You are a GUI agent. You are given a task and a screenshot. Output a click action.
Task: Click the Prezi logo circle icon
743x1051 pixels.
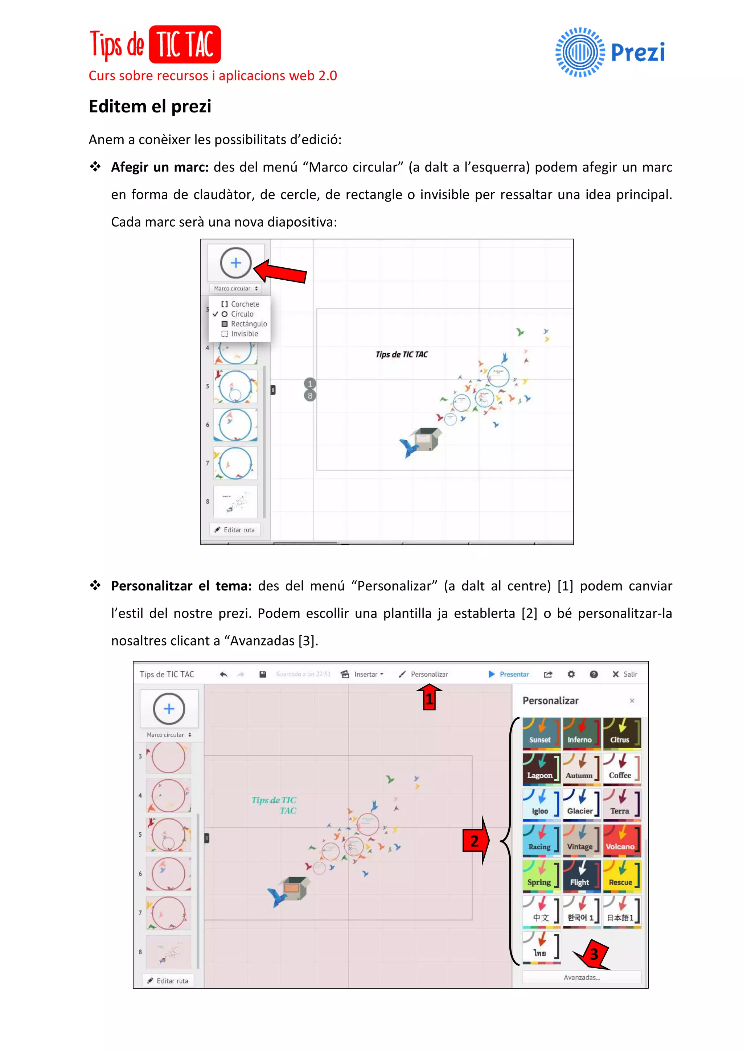(580, 52)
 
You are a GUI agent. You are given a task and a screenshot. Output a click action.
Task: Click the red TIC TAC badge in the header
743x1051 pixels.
(185, 44)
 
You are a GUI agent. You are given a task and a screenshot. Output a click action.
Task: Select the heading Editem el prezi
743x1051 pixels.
(150, 106)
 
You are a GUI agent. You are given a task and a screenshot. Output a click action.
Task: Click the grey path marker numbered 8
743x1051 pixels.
(310, 396)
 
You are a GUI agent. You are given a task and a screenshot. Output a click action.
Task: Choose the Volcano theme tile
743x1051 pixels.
(621, 840)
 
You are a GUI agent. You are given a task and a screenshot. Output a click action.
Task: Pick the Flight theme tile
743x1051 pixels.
(581, 876)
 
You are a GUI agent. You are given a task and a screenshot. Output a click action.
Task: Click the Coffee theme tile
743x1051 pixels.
(621, 769)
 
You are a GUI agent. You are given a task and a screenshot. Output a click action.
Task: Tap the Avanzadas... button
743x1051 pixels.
(582, 977)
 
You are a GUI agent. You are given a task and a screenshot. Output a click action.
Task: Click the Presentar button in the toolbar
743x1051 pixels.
(509, 674)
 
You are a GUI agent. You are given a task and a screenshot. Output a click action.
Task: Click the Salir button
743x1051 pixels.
(625, 674)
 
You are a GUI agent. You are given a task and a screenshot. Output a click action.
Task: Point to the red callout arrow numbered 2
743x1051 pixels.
(476, 840)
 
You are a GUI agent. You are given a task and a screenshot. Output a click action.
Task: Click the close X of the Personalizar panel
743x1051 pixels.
(632, 701)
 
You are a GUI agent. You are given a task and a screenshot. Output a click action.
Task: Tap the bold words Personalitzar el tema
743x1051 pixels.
(181, 586)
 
